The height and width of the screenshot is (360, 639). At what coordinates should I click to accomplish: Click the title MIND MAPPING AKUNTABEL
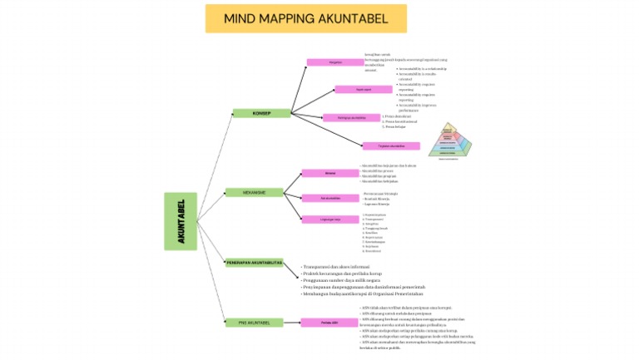[x=306, y=18]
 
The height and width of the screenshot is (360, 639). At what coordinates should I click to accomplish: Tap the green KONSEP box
[x=261, y=113]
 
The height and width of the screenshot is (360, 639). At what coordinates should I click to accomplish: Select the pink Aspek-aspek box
[x=363, y=89]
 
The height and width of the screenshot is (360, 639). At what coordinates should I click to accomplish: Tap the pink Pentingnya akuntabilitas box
[x=350, y=117]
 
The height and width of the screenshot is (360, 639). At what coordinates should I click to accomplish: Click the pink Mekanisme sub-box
[x=329, y=173]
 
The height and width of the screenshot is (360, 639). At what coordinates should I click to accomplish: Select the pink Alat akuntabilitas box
[x=329, y=198]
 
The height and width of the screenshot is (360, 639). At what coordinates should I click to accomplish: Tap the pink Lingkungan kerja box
[x=329, y=219]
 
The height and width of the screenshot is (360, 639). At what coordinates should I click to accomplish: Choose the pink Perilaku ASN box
[x=329, y=322]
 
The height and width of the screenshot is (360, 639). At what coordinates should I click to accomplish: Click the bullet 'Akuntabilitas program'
[x=384, y=176]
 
